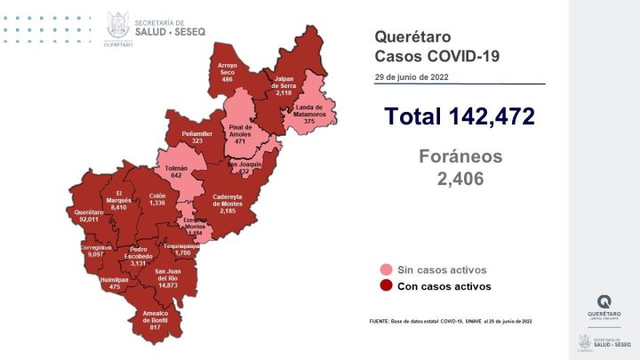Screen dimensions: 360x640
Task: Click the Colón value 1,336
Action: point(156,203)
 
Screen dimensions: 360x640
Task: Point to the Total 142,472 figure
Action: point(459,116)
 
